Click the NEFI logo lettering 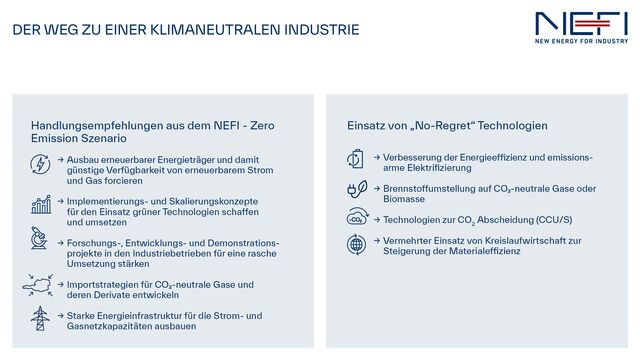coord(581,23)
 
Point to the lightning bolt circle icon coord(41,165)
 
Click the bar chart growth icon coord(41,204)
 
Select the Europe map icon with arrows coord(40,284)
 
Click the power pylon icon coord(41,319)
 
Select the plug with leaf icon coord(357,190)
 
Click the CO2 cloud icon coord(357,218)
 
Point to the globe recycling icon coord(357,245)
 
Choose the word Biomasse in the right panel coord(406,198)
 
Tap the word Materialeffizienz coord(502,252)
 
